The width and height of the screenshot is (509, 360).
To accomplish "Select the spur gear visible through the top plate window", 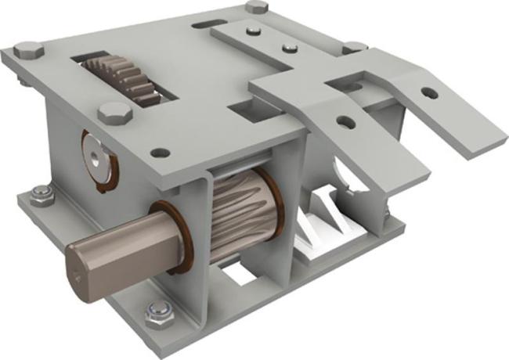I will point(122,78).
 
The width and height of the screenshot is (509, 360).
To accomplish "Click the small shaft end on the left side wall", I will point(96,156).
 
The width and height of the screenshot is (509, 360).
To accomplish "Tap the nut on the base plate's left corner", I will point(40,197).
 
